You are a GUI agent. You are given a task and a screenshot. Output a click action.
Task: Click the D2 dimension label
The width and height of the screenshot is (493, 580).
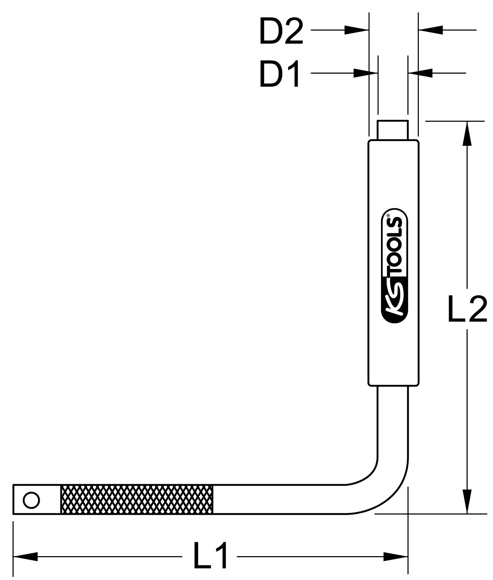click(x=281, y=32)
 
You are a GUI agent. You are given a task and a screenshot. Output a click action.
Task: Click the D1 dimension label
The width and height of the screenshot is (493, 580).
click(x=280, y=74)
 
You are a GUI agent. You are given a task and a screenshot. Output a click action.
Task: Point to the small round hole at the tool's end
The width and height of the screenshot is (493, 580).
click(x=31, y=500)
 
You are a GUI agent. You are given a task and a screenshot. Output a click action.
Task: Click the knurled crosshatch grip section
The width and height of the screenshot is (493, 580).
click(x=137, y=499)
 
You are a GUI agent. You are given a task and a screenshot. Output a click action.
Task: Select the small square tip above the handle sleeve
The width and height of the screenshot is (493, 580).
click(x=393, y=130)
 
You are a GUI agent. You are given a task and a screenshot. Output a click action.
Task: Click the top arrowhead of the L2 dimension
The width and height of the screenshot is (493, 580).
click(x=466, y=133)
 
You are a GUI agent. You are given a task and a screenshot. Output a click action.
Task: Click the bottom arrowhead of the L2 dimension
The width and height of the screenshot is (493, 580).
click(x=466, y=501)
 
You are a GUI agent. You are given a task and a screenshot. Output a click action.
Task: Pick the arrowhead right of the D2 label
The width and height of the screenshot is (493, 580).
click(x=356, y=30)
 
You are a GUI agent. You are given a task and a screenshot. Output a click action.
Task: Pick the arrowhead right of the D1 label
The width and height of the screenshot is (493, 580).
click(x=365, y=73)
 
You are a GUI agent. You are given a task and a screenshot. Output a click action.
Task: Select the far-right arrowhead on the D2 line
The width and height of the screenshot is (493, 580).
click(x=430, y=30)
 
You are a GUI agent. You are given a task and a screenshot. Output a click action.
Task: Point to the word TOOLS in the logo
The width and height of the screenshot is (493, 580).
click(x=395, y=245)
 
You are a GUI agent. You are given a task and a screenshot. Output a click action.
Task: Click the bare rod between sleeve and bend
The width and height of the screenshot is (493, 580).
click(x=393, y=421)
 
